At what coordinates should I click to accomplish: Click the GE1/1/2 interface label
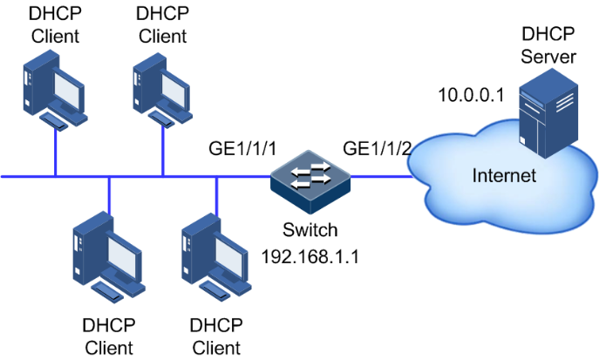click(378, 148)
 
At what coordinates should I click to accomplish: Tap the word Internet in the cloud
click(504, 176)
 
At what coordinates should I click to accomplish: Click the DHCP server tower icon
click(547, 114)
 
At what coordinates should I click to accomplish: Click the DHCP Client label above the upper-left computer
click(54, 25)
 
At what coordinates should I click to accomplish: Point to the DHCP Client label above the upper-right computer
click(163, 25)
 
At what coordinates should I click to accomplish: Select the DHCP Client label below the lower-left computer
click(109, 336)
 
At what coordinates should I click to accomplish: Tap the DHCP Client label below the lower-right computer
click(215, 336)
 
